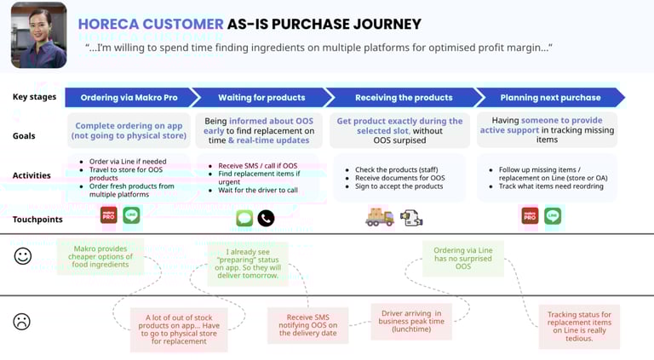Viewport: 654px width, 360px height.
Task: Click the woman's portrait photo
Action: click(x=39, y=35)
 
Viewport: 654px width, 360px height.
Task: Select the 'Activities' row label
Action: click(x=32, y=176)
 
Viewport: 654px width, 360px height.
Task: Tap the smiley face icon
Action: click(x=23, y=255)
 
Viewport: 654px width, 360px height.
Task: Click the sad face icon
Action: click(x=23, y=322)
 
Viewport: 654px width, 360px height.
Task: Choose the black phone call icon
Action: click(x=266, y=219)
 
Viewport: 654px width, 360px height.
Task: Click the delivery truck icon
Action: click(x=380, y=217)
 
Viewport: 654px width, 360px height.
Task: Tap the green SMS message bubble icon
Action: click(x=244, y=219)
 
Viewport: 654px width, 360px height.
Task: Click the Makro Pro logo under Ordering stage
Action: click(x=108, y=215)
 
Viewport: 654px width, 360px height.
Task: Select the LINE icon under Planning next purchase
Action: click(x=553, y=216)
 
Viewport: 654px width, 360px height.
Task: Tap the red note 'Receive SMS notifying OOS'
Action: click(x=307, y=324)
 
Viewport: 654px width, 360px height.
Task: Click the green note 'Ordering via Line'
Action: click(x=462, y=258)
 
